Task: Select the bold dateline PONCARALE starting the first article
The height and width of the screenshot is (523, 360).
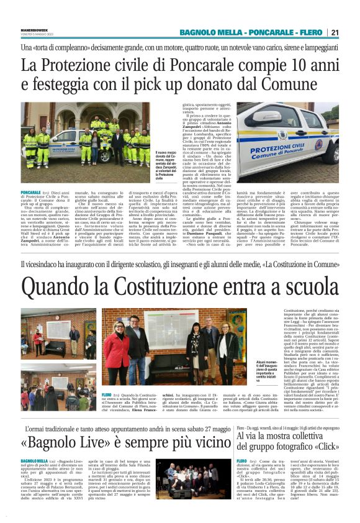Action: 32,193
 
